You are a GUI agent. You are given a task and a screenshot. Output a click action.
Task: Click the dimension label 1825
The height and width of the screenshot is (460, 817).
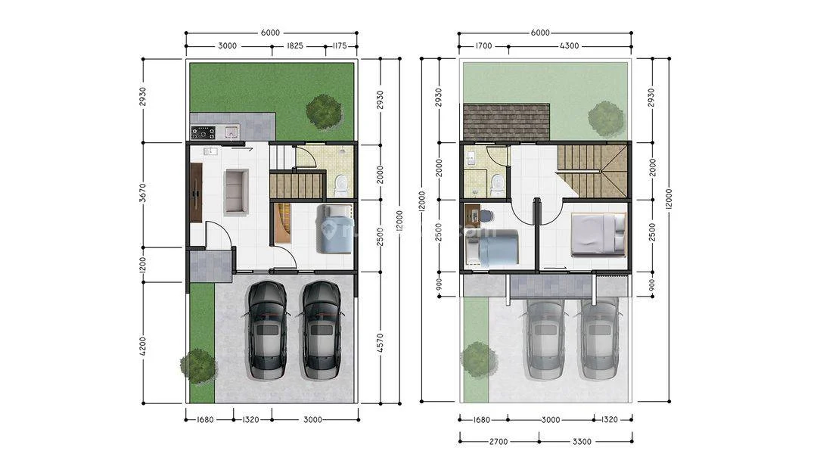(x=295, y=46)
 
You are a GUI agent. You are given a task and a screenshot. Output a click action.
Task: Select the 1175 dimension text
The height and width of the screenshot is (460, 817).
(x=339, y=46)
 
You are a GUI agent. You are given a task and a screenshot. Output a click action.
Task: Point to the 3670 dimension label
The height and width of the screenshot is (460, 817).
(x=144, y=194)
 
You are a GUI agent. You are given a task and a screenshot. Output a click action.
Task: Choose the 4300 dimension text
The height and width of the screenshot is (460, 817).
(x=570, y=46)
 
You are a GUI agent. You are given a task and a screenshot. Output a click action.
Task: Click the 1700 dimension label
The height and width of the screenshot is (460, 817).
(x=483, y=46)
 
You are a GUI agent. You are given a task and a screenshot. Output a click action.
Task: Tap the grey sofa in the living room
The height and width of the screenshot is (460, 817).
(x=236, y=192)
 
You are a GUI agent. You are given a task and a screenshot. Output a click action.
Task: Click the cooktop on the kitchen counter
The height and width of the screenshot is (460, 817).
(x=203, y=132)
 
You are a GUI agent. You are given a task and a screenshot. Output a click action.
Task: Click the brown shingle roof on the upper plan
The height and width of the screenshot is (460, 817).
(x=506, y=123)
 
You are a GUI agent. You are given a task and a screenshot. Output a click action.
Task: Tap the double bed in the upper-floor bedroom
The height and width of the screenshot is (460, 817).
(x=598, y=234)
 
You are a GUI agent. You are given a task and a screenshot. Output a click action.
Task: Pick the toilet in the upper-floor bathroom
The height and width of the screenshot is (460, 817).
(x=497, y=184)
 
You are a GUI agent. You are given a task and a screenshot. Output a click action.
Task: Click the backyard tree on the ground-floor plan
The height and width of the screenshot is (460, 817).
(x=325, y=111)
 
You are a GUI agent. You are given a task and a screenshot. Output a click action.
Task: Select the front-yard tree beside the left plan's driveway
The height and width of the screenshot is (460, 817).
(x=199, y=365)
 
